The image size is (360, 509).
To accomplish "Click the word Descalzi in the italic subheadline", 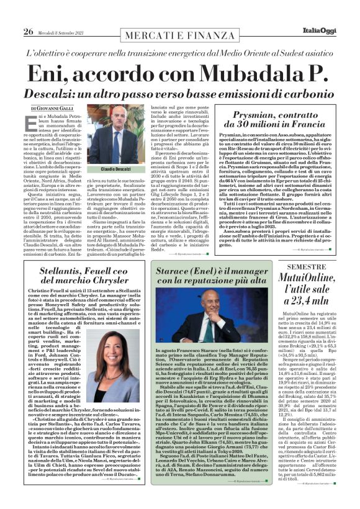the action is coord(61,93).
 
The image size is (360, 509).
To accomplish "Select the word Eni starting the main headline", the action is coord(48,73).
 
